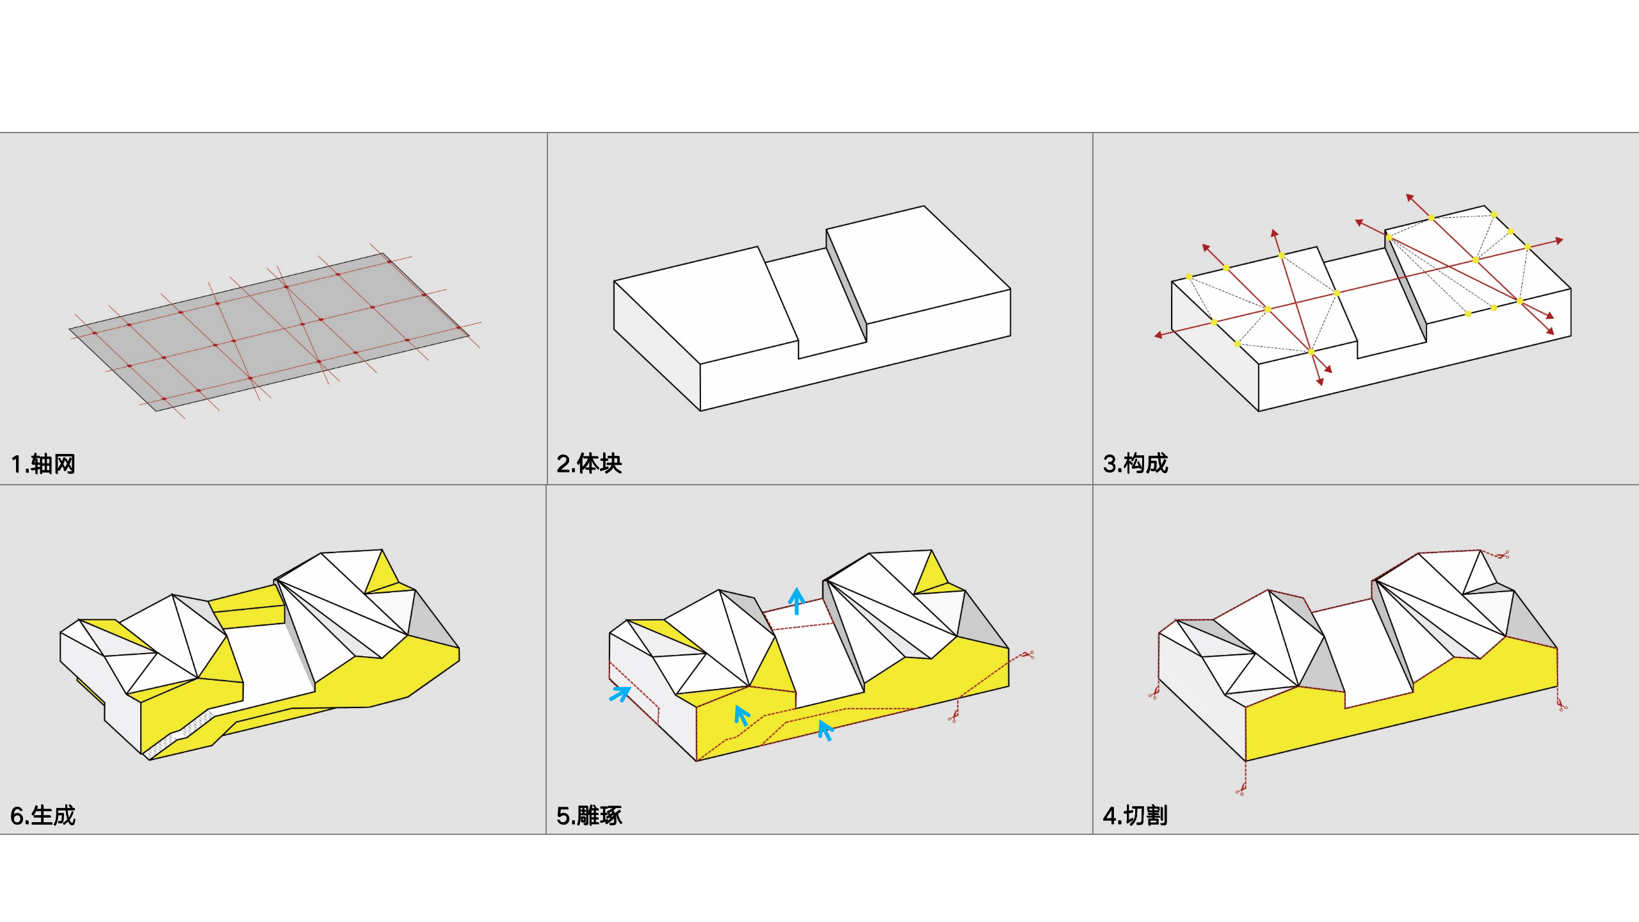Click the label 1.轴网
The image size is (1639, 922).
[43, 464]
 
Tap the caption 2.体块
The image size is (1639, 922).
[589, 464]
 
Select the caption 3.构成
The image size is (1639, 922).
[1135, 464]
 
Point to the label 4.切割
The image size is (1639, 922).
[1135, 815]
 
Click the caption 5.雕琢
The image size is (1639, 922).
[589, 815]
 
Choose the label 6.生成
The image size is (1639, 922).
[43, 815]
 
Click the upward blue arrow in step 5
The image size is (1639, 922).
[796, 600]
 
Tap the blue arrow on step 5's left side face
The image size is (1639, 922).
[620, 693]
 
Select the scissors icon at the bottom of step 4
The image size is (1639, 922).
[1241, 790]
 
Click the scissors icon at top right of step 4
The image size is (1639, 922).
[1502, 554]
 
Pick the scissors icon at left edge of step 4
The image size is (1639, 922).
[1154, 693]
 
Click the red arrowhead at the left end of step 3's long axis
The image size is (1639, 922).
[1158, 335]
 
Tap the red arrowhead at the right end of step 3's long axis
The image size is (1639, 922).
[1560, 241]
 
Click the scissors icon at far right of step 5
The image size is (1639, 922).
[1028, 654]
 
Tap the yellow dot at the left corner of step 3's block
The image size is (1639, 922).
[1189, 277]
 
